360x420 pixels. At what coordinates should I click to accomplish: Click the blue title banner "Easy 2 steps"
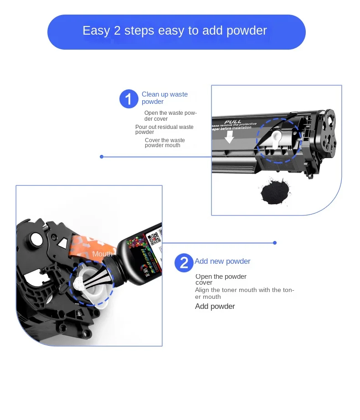176,31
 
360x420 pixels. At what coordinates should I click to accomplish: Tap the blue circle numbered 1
129,99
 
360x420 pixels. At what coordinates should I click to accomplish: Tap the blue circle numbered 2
184,263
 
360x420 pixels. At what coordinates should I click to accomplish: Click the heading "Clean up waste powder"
165,98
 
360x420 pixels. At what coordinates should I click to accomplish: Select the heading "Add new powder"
222,261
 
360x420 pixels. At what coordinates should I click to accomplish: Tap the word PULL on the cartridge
233,122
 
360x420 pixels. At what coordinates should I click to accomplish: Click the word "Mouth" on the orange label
103,254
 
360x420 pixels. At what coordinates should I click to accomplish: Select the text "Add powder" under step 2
215,306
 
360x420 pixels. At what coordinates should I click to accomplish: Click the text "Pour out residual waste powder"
164,129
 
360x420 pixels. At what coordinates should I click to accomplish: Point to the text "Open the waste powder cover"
170,116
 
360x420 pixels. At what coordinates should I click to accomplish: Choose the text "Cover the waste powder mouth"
165,143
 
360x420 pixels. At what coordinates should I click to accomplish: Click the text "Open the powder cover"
221,279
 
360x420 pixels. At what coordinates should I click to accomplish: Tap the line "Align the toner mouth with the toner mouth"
244,293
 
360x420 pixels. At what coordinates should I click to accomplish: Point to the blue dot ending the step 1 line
102,157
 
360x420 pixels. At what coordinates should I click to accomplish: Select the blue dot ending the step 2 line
275,243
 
